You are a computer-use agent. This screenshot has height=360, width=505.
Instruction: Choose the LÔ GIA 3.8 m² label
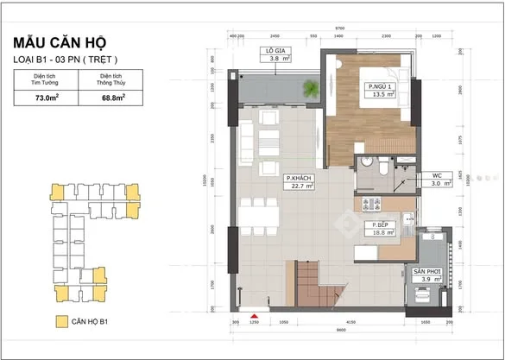[x=277, y=56]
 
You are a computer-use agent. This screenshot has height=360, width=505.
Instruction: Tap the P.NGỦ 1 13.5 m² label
[x=379, y=92]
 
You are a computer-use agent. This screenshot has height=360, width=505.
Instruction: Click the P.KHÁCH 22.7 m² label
[x=300, y=181]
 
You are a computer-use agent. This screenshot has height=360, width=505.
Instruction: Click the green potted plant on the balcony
[x=308, y=86]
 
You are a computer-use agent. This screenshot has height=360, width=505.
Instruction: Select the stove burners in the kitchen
[x=372, y=205]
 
